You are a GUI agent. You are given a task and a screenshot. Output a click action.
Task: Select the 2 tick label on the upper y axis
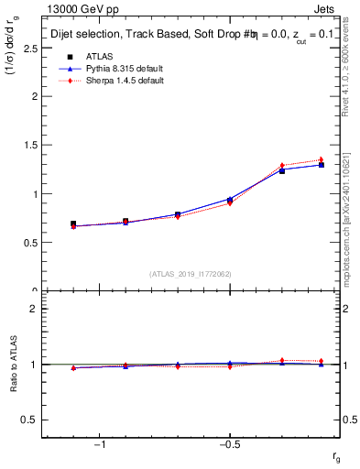[x=34, y=96]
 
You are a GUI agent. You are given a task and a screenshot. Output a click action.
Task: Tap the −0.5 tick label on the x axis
[x=228, y=445]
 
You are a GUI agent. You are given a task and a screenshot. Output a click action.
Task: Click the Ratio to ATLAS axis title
[x=13, y=364]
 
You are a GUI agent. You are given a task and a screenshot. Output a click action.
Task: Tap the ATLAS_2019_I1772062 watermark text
[x=191, y=274]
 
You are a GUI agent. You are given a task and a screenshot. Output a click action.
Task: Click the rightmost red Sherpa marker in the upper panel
[x=321, y=160]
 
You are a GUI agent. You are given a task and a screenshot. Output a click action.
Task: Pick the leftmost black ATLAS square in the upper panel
[x=73, y=224]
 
